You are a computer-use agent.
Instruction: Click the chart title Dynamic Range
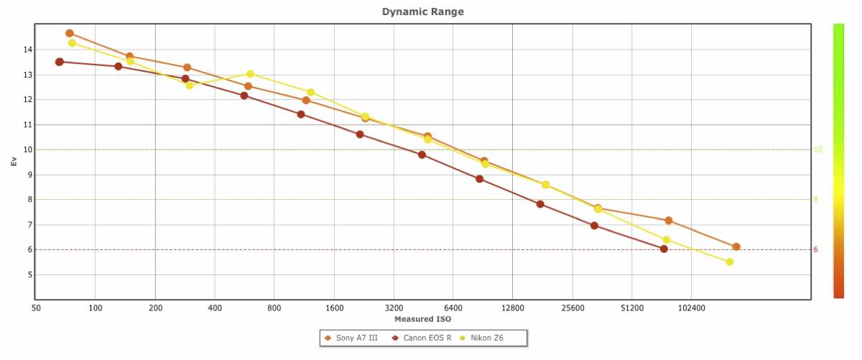(422, 11)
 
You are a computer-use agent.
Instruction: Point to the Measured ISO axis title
(422, 319)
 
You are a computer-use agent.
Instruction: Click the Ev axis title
(14, 162)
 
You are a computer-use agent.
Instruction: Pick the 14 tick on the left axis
(27, 50)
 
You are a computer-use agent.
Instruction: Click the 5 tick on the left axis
(27, 274)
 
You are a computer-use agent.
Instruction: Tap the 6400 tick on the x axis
(452, 308)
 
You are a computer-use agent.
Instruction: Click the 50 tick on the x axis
(35, 308)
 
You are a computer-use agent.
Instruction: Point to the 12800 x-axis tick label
(511, 308)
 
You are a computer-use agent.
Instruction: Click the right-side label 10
(817, 149)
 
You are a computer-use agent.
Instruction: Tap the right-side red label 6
(816, 249)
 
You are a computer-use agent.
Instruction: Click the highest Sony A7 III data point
(70, 33)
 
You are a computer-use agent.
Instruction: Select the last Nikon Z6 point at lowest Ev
(729, 262)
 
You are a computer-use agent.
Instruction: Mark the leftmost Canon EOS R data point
(60, 62)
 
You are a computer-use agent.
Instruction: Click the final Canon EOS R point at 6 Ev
(664, 249)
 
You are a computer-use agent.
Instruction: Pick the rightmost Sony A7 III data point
(736, 246)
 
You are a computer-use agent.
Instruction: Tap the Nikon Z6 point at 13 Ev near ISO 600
(250, 74)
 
